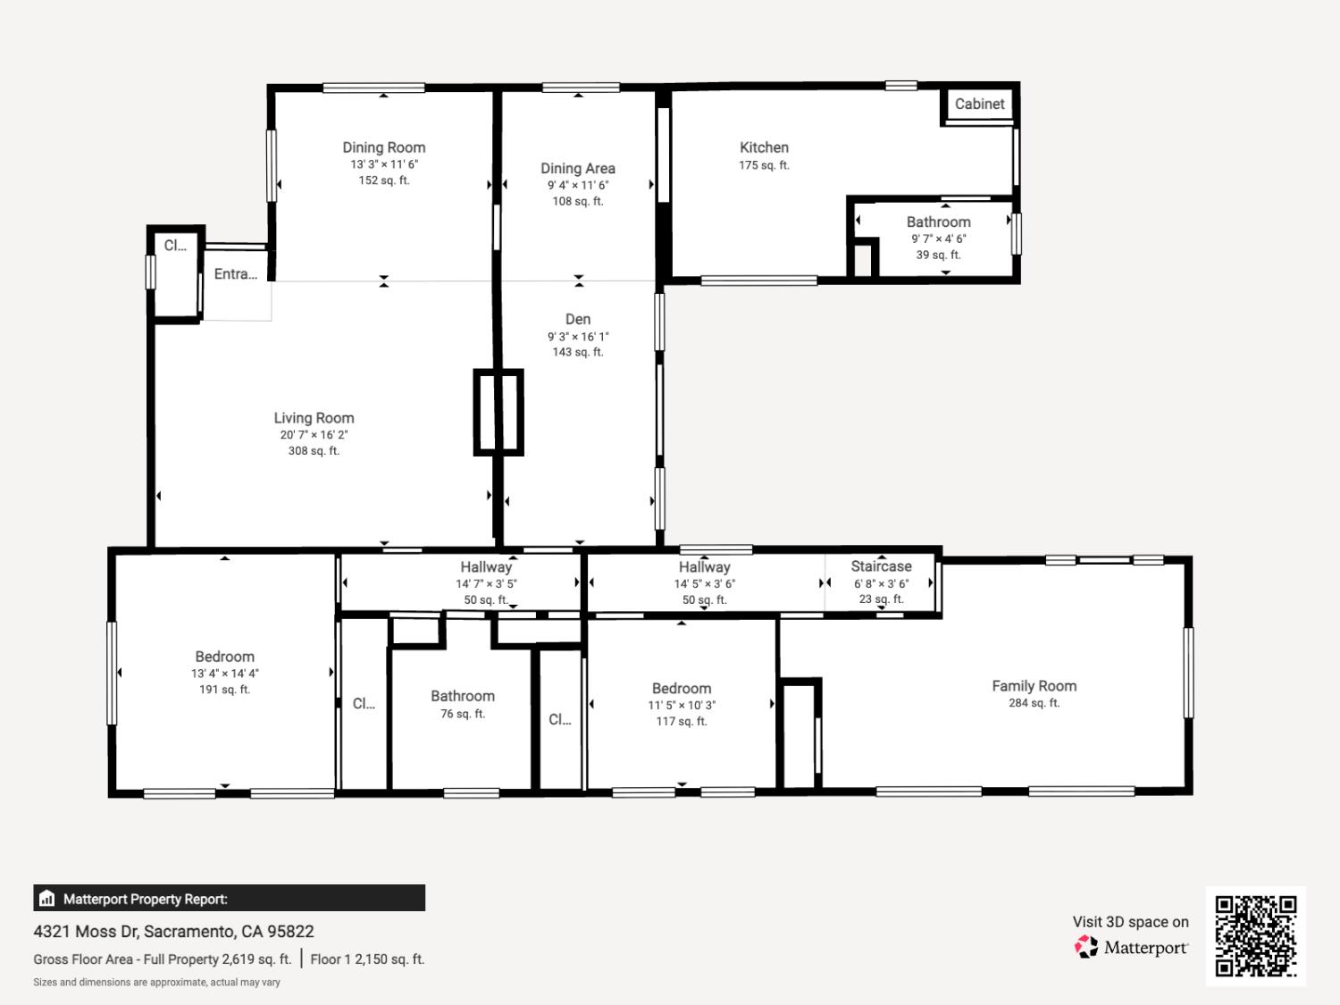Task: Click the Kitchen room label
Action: tap(764, 147)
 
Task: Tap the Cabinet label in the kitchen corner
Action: tap(979, 104)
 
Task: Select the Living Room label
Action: tap(314, 418)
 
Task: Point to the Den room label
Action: tap(577, 319)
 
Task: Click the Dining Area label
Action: tap(577, 169)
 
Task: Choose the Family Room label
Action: tap(1034, 686)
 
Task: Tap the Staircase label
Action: tap(881, 566)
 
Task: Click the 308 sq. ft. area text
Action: tap(314, 451)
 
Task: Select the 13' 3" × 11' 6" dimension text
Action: tap(384, 164)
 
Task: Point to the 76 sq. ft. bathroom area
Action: tap(463, 713)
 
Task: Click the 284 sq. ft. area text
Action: tap(1034, 703)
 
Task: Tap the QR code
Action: tap(1256, 936)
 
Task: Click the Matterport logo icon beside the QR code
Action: tap(1086, 947)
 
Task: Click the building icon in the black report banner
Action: tap(47, 898)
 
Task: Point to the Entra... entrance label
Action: tap(236, 274)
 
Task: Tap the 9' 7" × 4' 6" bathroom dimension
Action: tap(938, 239)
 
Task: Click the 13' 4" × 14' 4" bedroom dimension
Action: tap(224, 674)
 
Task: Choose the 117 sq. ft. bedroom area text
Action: tap(682, 721)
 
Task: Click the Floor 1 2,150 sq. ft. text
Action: tap(367, 959)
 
